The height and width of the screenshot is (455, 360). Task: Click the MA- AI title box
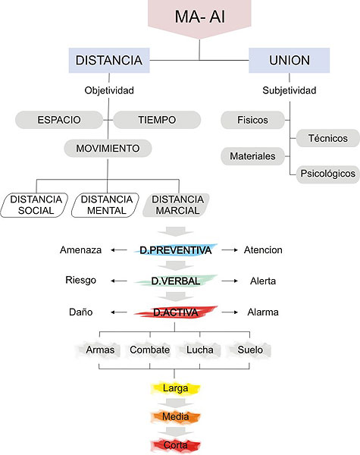(x=199, y=17)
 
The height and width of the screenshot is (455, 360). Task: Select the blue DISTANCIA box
(x=109, y=61)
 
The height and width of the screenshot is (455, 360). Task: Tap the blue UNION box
(x=290, y=61)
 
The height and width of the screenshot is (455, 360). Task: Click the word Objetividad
(x=109, y=90)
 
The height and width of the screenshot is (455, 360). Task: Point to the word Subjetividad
(x=290, y=90)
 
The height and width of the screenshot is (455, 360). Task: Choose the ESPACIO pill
(x=59, y=120)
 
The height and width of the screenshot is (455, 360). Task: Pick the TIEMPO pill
(x=157, y=120)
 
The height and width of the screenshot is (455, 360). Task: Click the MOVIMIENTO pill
(x=108, y=149)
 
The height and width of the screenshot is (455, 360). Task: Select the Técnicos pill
(x=328, y=138)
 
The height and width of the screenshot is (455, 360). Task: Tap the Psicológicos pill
(x=328, y=174)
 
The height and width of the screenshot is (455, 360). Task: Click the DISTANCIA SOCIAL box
(x=35, y=206)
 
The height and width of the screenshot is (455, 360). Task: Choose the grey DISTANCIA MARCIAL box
(x=176, y=206)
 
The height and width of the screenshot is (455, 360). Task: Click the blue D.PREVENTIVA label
(x=176, y=249)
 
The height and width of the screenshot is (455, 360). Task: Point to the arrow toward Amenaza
(x=119, y=249)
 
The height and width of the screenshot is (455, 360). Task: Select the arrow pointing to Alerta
(x=230, y=281)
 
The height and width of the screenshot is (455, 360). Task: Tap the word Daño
(x=80, y=312)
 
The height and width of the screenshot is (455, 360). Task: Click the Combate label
(x=150, y=350)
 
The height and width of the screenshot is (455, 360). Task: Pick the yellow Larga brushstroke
(x=176, y=388)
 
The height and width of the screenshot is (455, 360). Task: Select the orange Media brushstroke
(x=176, y=416)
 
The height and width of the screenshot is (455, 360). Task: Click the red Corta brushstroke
(x=176, y=445)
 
